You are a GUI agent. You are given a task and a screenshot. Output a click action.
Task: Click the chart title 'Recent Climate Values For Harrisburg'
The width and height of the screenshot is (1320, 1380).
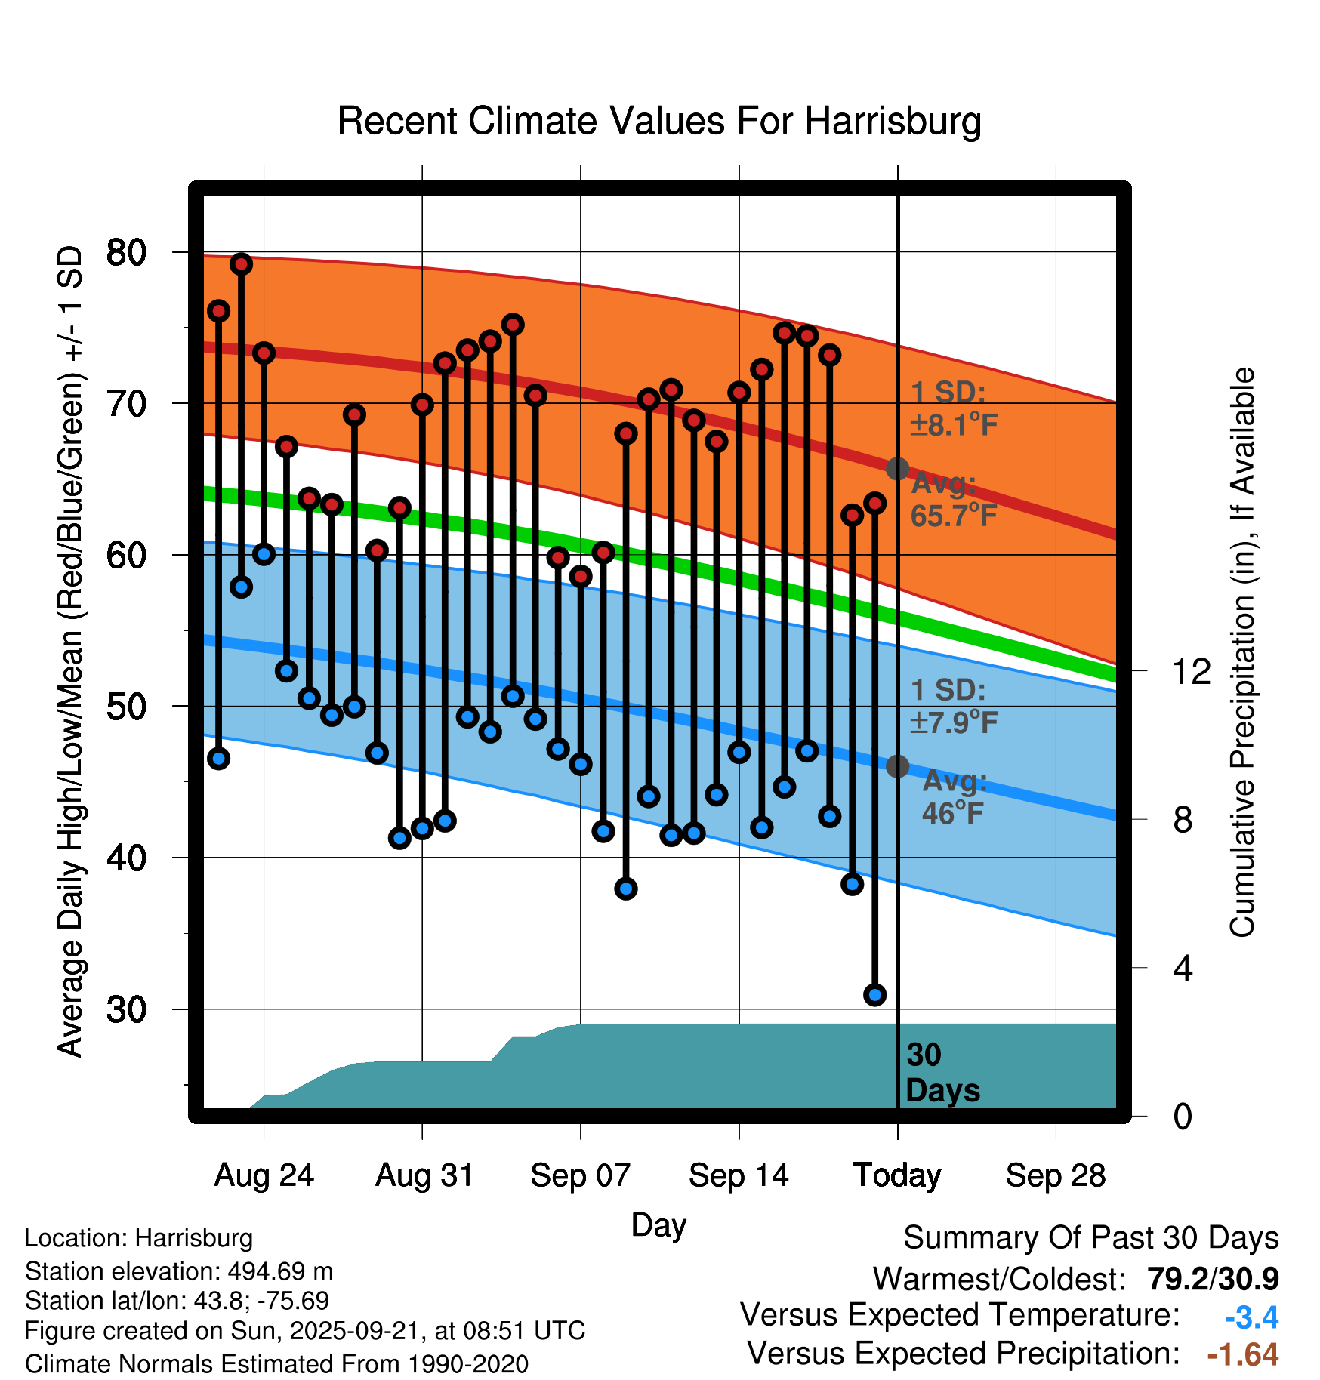[658, 121]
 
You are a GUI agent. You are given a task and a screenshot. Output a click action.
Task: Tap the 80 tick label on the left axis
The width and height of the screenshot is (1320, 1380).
[126, 252]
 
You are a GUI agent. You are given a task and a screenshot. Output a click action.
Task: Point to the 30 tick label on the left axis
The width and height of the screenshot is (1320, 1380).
[126, 1009]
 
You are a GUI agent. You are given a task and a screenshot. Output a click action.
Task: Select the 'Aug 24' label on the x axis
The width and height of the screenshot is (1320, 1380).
[264, 1175]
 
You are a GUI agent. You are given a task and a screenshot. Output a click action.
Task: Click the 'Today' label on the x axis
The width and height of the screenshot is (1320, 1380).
[897, 1175]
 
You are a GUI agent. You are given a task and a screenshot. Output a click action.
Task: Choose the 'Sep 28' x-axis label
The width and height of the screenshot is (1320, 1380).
[1055, 1175]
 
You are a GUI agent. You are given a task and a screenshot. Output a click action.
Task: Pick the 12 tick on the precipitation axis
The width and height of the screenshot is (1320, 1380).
[1191, 671]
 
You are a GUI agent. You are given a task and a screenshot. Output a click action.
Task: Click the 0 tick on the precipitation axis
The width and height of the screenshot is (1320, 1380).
[1183, 1116]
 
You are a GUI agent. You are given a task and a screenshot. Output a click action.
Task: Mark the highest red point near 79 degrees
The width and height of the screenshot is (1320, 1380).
[241, 263]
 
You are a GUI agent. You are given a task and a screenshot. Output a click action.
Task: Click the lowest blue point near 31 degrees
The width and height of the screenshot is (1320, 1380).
[875, 994]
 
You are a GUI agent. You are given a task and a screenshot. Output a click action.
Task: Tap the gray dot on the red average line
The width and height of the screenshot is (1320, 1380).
[897, 469]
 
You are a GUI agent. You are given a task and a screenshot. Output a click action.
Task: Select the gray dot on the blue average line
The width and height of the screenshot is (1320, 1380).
[897, 766]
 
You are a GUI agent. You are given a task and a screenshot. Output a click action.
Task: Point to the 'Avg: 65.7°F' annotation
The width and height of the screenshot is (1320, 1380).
[953, 499]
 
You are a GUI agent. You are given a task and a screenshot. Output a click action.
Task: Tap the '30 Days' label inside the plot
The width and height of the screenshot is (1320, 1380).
[942, 1073]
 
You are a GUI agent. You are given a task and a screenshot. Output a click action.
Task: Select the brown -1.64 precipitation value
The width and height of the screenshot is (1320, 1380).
[1243, 1354]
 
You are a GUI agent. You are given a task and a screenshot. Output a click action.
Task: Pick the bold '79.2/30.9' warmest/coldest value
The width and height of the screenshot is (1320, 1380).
[1213, 1279]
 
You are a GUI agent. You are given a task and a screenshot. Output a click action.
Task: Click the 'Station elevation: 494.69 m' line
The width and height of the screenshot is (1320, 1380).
[179, 1271]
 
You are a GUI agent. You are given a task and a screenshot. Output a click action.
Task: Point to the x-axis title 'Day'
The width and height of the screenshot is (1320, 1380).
[658, 1224]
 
